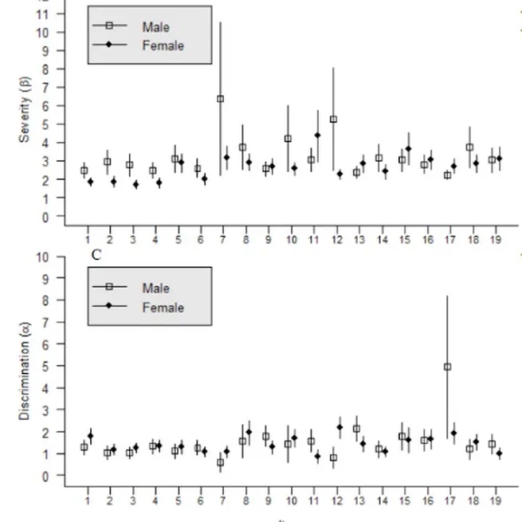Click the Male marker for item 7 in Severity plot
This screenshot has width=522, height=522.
(x=220, y=99)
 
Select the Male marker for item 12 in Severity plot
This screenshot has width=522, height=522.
(x=333, y=119)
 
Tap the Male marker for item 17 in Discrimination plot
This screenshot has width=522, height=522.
(x=447, y=367)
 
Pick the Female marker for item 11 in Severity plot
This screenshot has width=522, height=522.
(x=317, y=135)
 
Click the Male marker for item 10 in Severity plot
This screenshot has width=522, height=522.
(x=288, y=139)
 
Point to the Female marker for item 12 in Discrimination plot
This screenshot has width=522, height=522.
(x=340, y=427)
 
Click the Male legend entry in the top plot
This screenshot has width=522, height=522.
(x=155, y=27)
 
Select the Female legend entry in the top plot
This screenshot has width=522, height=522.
(x=162, y=45)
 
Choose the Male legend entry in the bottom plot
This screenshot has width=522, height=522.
(x=155, y=288)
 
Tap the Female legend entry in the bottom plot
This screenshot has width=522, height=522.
(x=162, y=308)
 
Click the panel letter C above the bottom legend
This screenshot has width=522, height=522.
(x=96, y=255)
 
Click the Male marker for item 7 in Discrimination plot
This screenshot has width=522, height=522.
(x=220, y=462)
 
